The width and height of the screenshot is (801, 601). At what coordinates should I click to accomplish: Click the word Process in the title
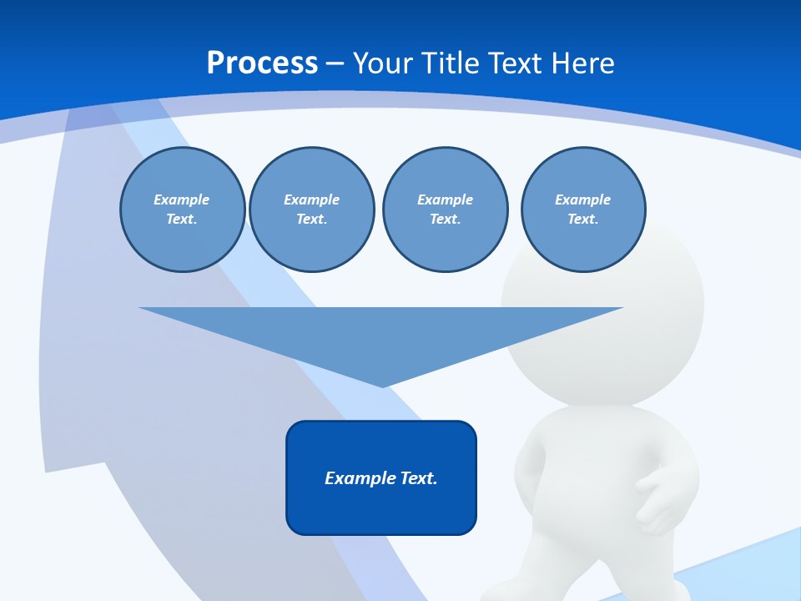point(262,63)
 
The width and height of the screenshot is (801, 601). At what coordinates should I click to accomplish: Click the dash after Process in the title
point(335,63)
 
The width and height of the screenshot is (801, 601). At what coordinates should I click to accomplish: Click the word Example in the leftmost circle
point(182,199)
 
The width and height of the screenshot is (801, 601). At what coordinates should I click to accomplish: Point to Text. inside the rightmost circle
point(582,219)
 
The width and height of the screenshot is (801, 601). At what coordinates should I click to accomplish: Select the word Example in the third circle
point(445,199)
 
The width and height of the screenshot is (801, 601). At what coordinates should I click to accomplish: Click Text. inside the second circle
point(311,219)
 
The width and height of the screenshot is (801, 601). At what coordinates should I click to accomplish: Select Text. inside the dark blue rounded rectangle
point(419,478)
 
